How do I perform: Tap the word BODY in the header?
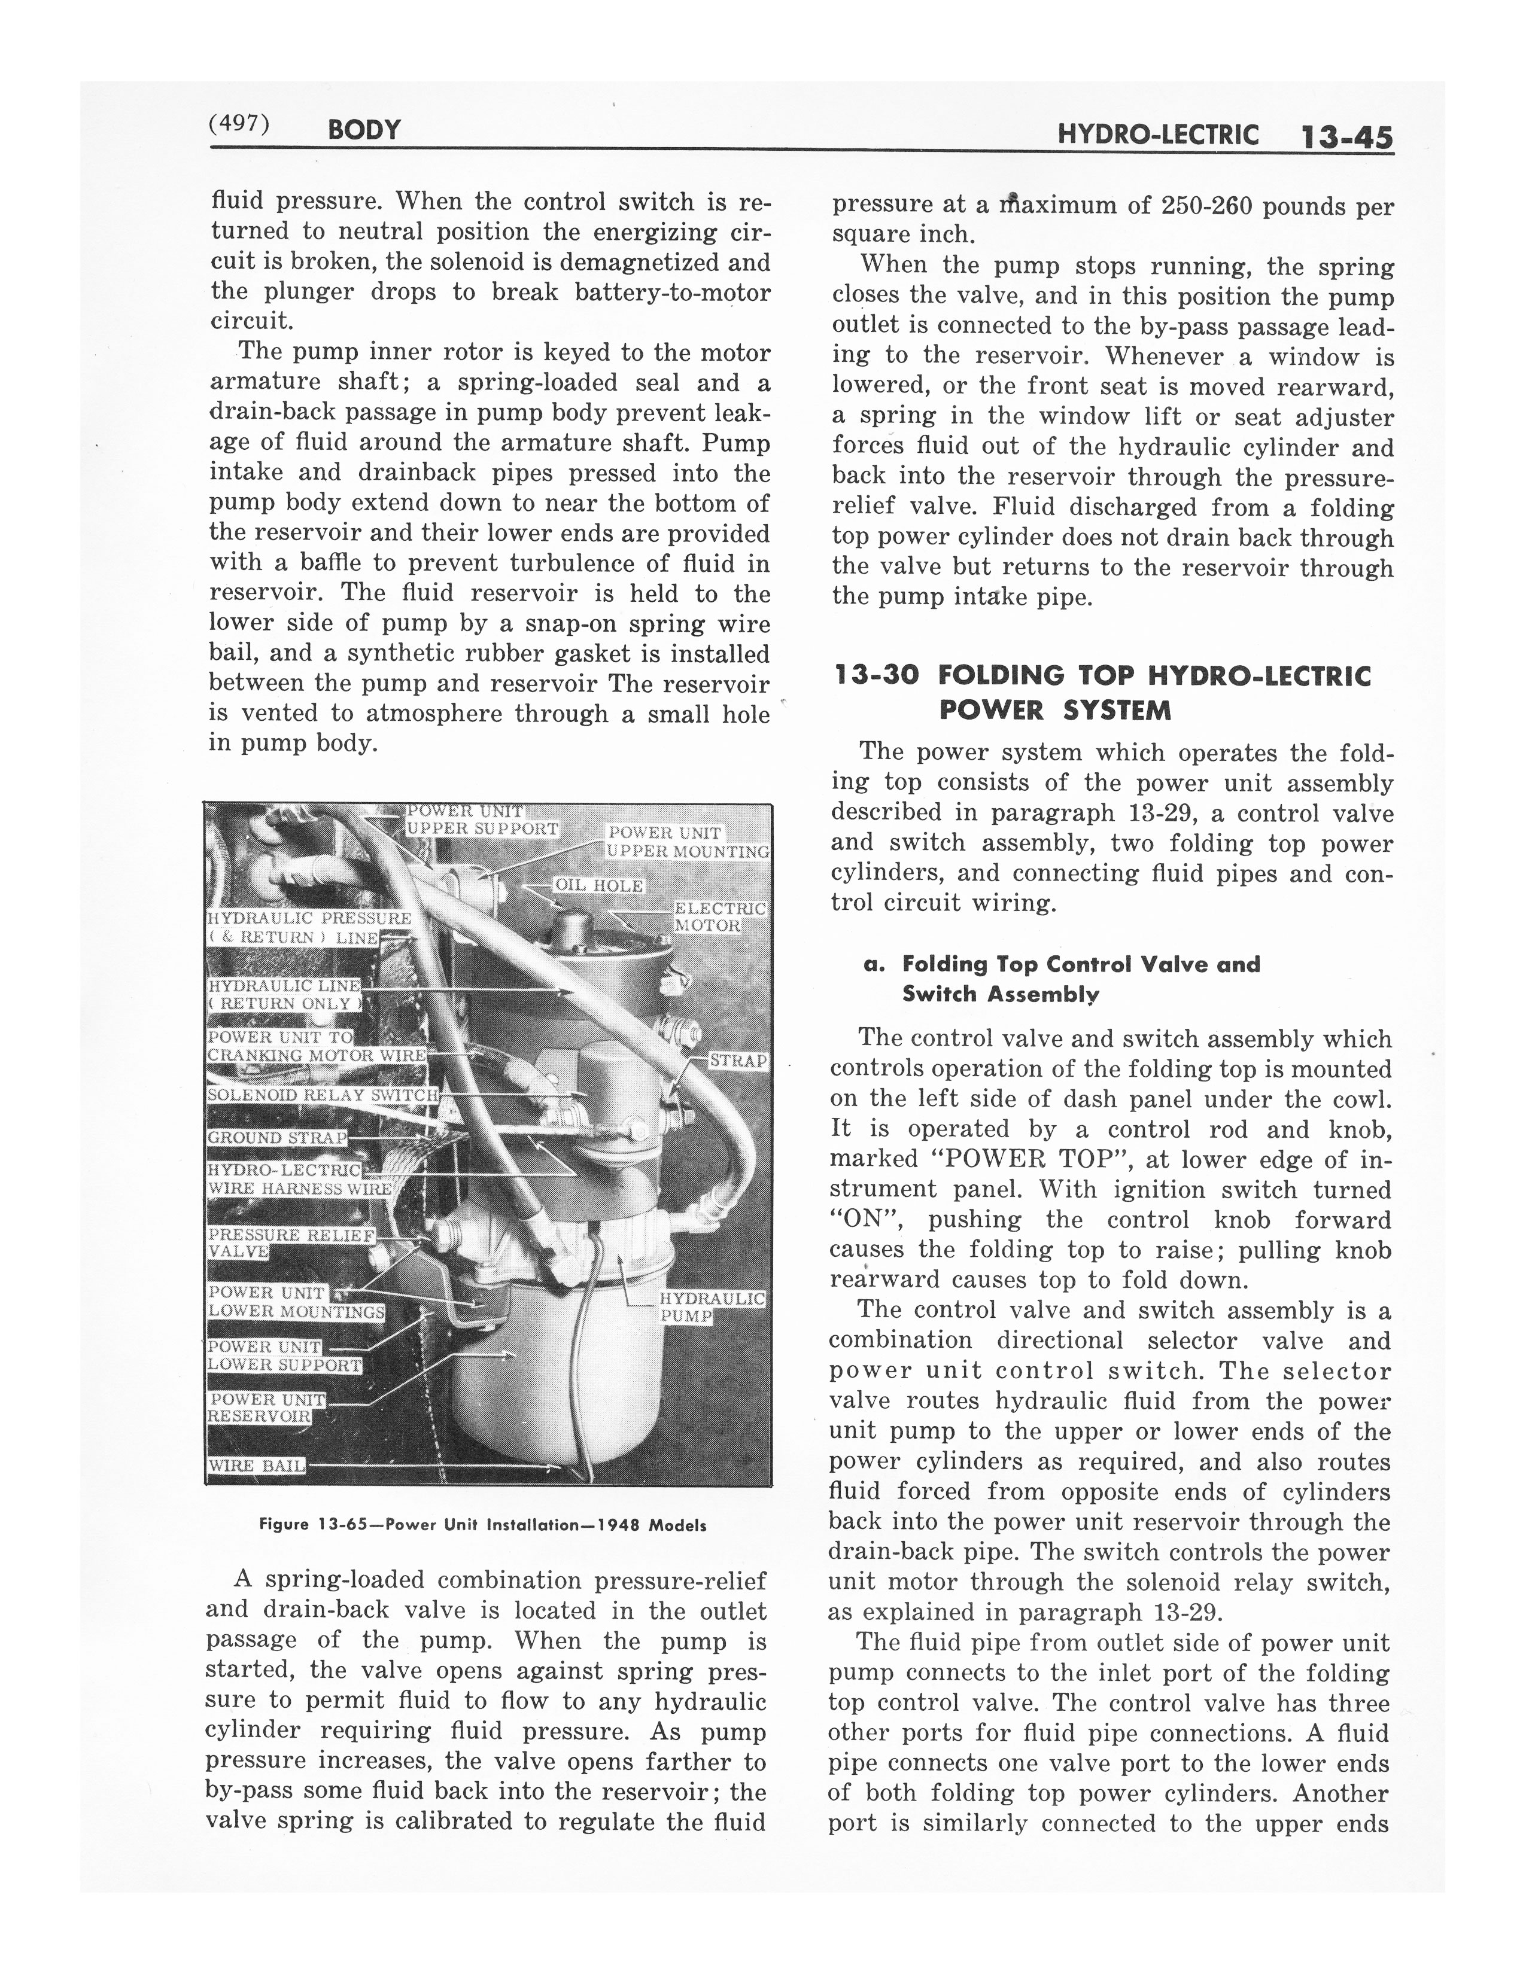coord(364,130)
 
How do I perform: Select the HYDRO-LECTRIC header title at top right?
coord(1158,136)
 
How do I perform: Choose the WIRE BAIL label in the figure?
coord(257,1465)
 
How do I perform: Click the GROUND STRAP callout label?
coord(278,1137)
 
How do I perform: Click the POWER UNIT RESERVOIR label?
coord(267,1408)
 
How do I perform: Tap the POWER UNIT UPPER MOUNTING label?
coord(687,842)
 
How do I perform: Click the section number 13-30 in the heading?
coord(876,675)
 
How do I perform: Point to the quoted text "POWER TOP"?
coord(1019,1160)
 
